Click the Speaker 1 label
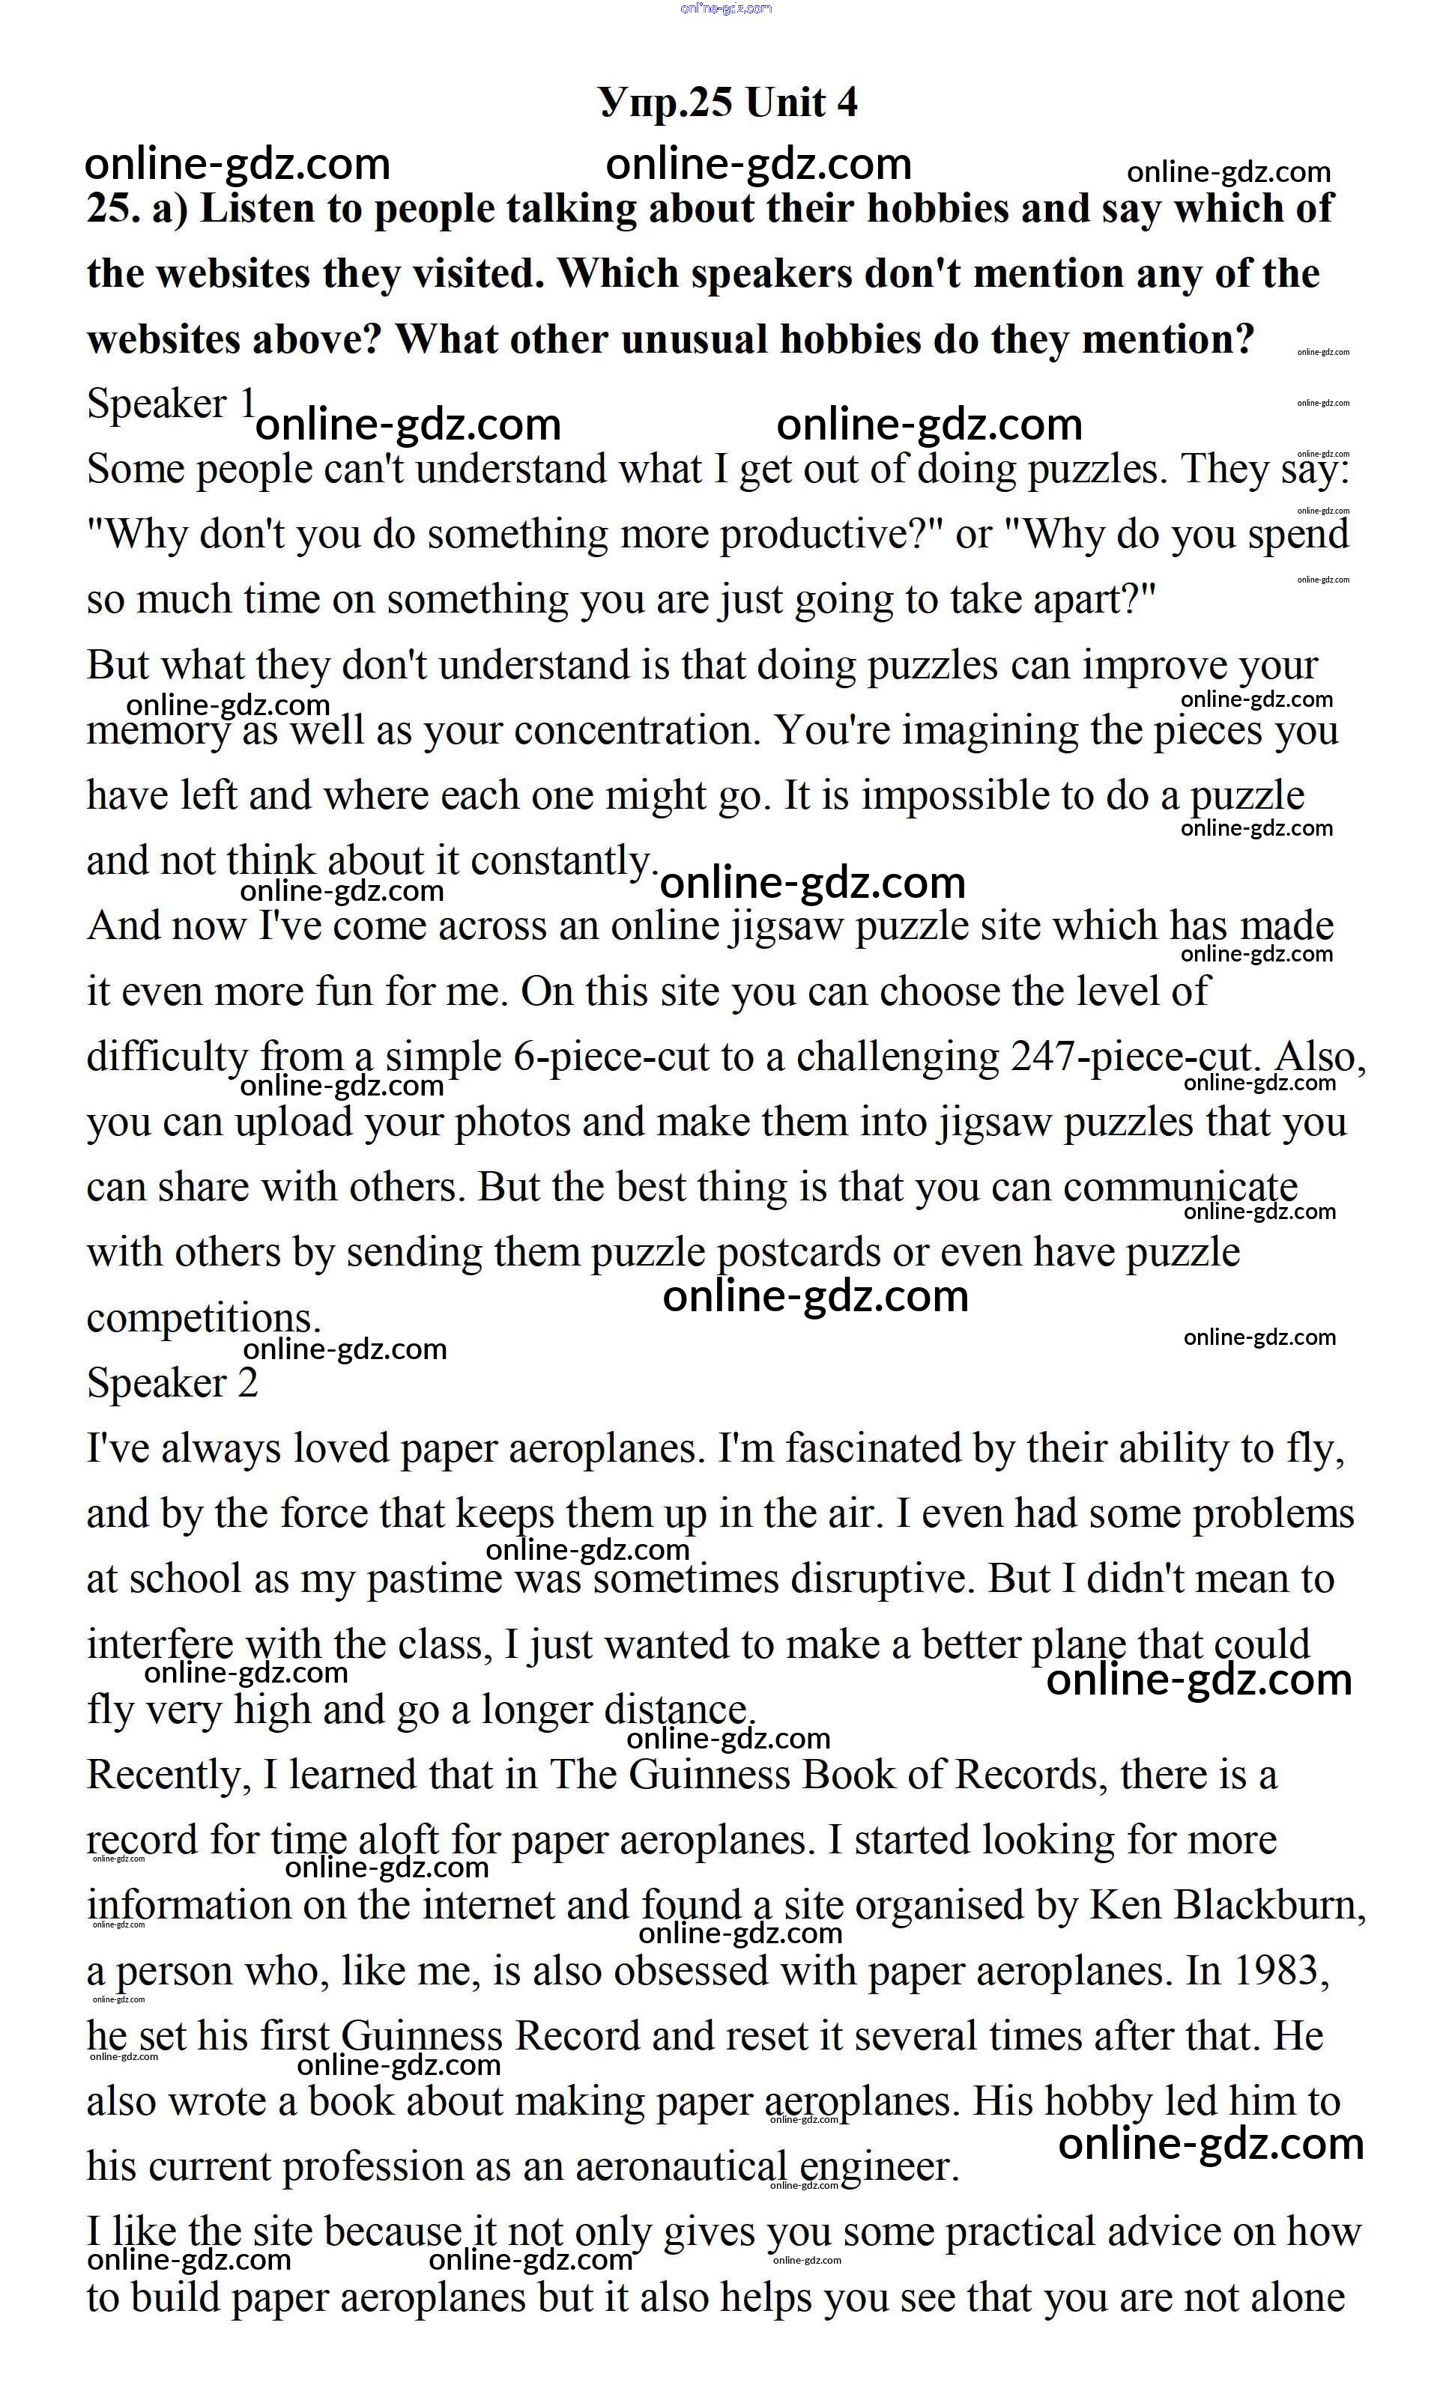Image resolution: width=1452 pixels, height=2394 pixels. (x=171, y=404)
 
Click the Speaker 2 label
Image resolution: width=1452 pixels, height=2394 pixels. (x=172, y=1382)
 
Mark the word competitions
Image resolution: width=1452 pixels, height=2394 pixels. (x=203, y=1319)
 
